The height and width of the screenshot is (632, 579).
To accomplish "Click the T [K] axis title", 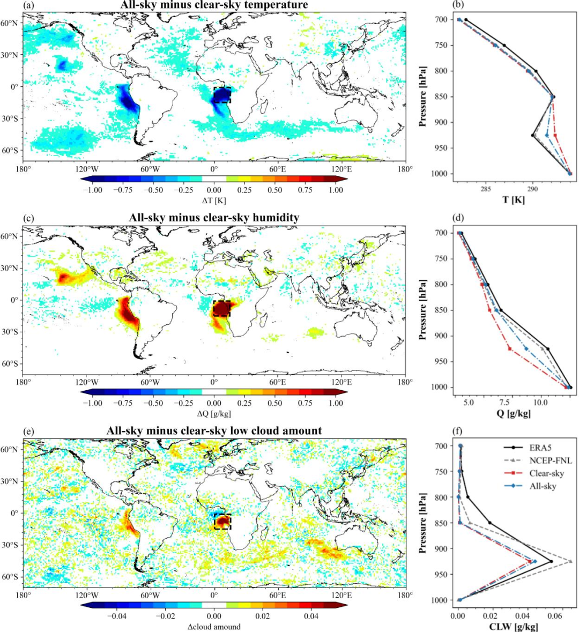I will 513,200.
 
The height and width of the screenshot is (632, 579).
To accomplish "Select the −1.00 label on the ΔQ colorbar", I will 92,403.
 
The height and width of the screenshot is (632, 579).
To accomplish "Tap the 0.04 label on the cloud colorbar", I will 311,616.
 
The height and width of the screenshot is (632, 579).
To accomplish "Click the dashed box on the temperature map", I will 222,95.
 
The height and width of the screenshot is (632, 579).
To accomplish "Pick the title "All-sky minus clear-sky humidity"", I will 213,218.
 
